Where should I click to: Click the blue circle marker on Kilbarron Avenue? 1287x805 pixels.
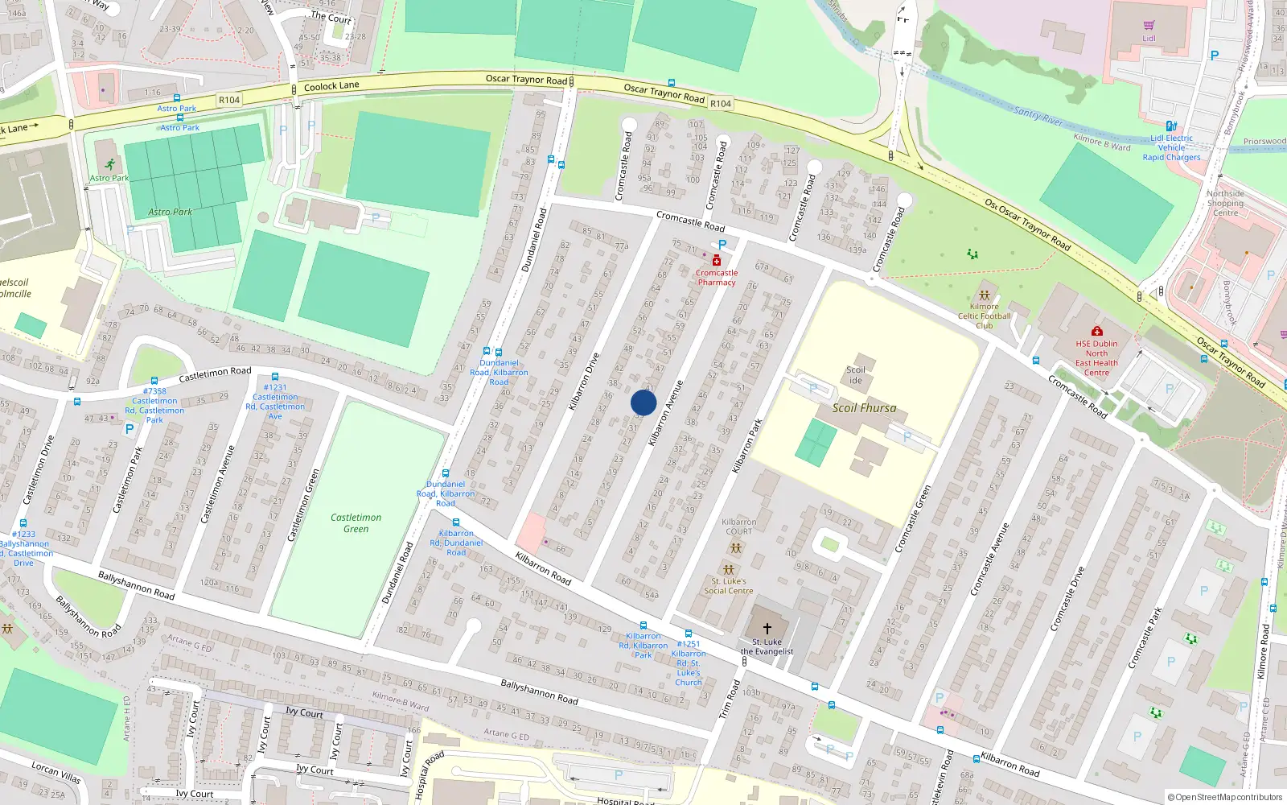tap(643, 402)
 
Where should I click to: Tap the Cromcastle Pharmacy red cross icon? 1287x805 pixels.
tap(717, 260)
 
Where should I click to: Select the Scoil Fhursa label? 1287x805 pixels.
tap(864, 408)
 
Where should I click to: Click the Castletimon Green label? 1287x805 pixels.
tap(356, 523)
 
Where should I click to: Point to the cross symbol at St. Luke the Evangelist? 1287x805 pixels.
tap(767, 628)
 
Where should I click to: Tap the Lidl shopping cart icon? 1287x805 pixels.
tap(1149, 26)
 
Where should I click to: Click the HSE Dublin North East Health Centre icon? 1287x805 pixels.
tap(1096, 331)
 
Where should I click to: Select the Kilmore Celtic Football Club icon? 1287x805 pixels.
tap(984, 295)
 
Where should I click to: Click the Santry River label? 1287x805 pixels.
tap(1038, 116)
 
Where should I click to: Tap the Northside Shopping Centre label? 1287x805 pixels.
tap(1225, 203)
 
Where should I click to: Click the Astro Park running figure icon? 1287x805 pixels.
tap(109, 165)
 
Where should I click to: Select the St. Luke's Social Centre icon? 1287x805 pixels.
tap(729, 570)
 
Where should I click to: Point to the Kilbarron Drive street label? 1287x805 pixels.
tap(584, 382)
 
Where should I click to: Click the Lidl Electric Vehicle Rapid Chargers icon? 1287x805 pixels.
tap(1171, 126)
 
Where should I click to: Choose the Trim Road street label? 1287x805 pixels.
tap(729, 699)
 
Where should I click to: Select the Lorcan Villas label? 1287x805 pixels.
tap(56, 772)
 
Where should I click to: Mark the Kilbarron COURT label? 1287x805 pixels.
tap(738, 526)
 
